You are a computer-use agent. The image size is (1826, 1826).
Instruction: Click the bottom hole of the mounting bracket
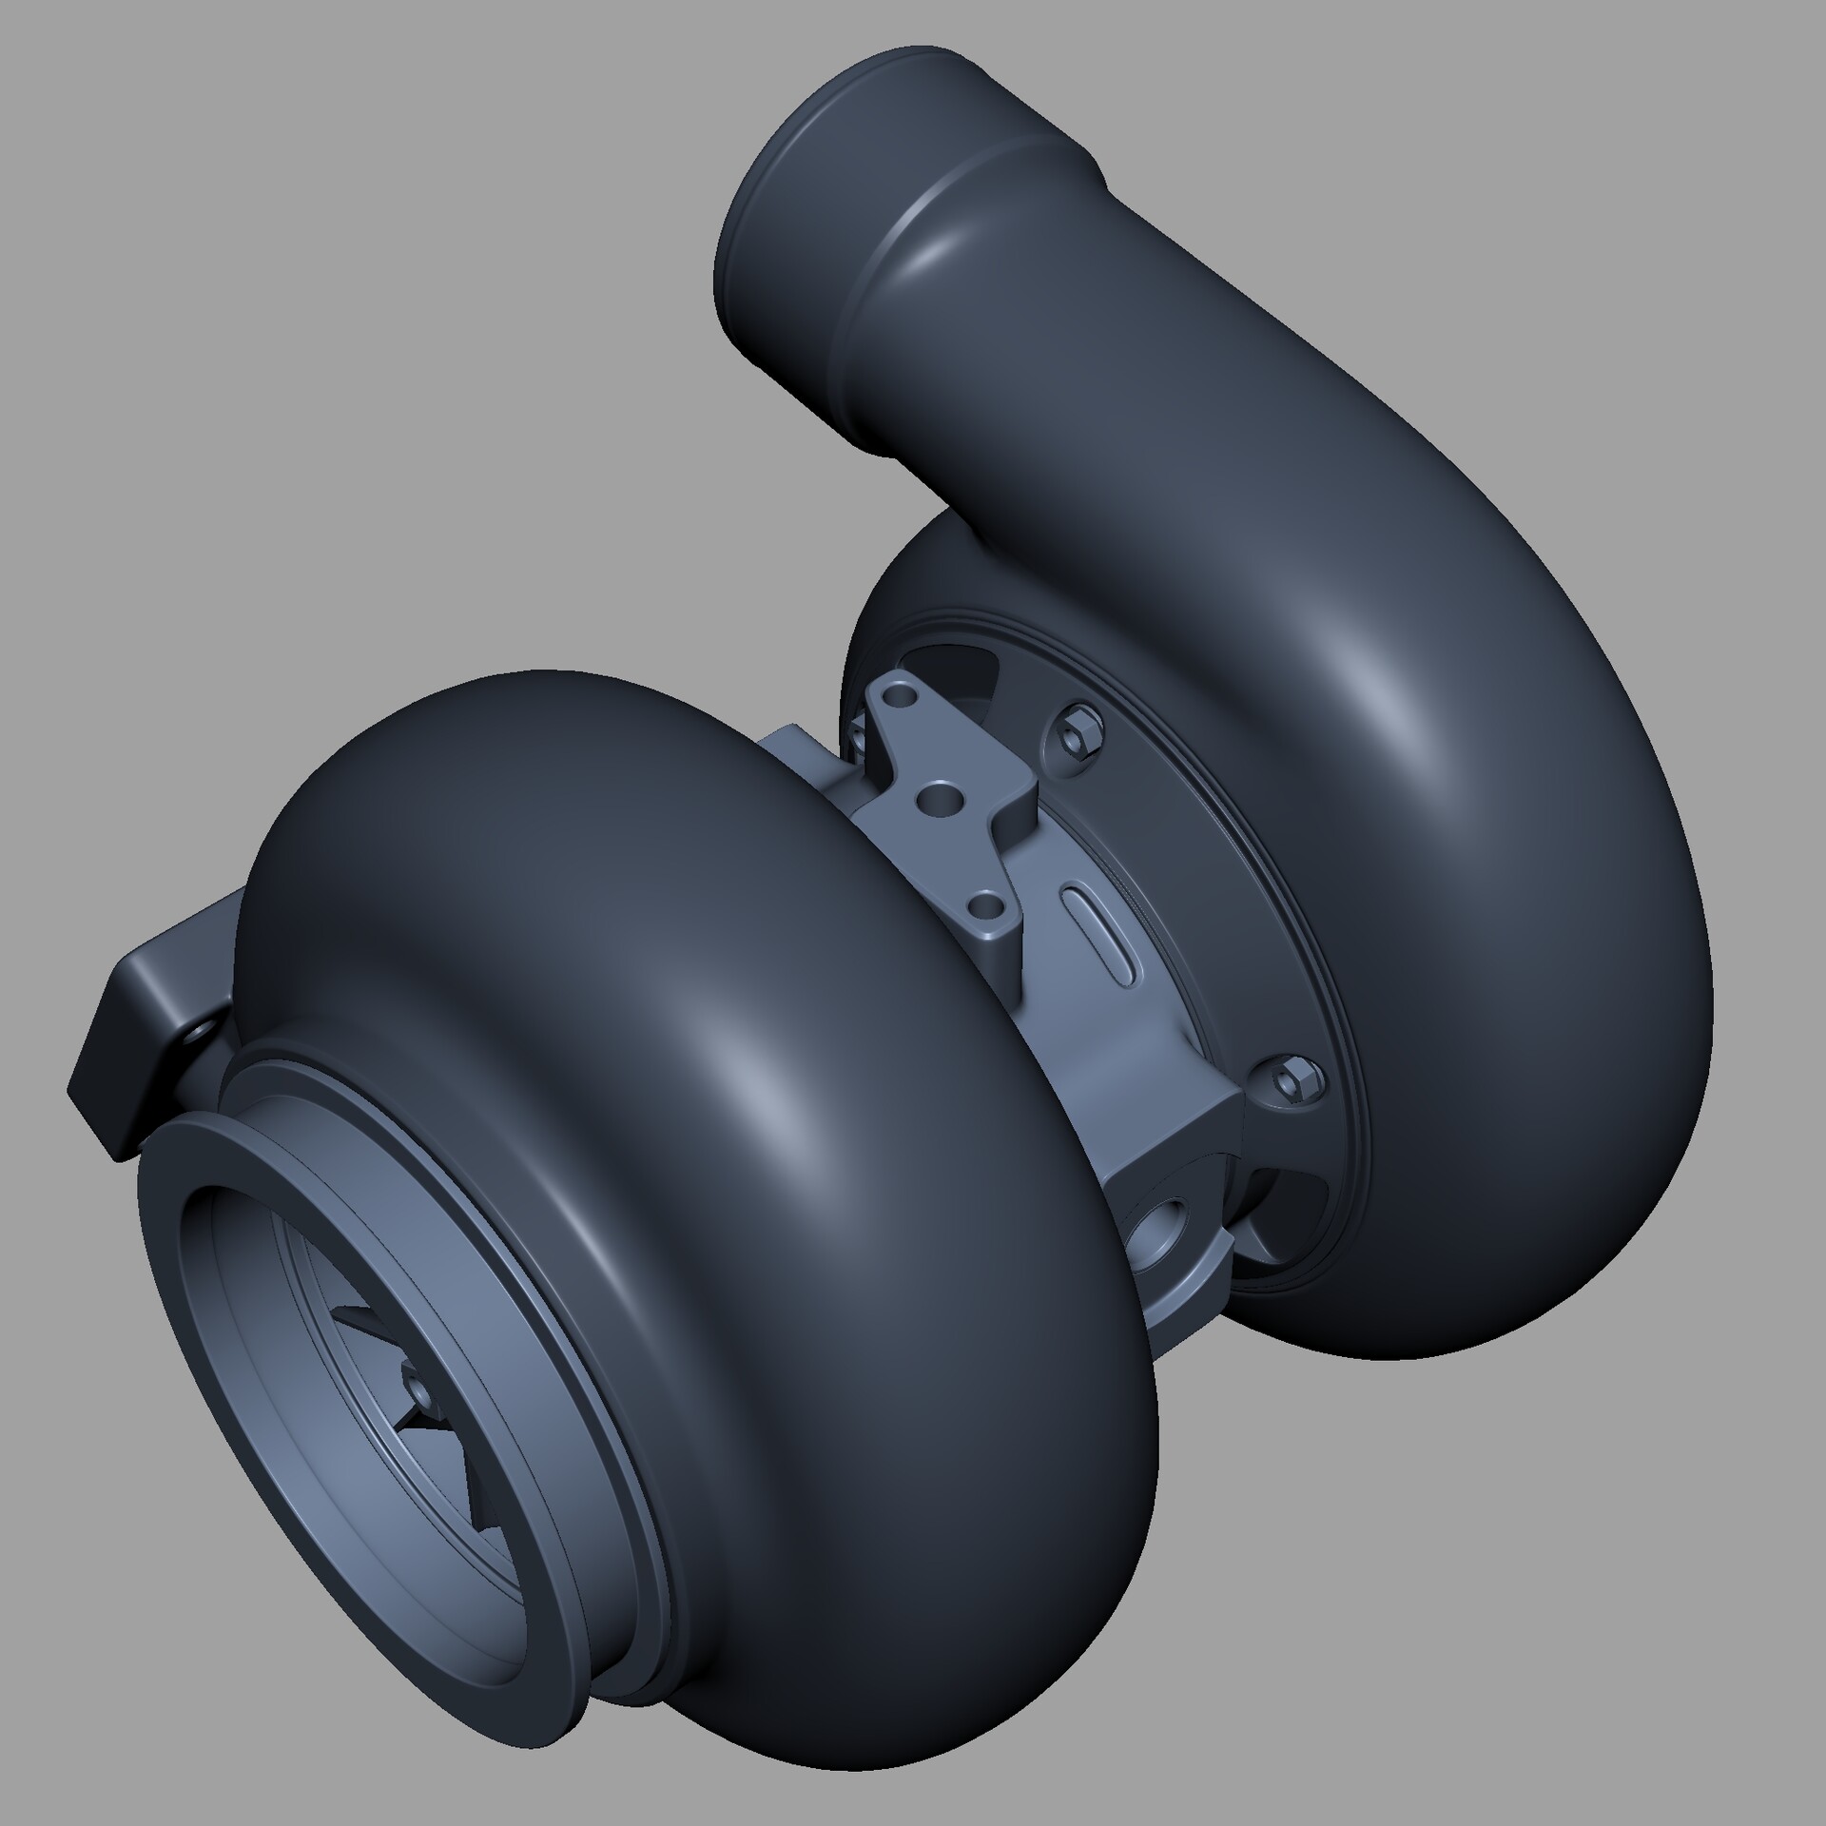pos(987,904)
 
